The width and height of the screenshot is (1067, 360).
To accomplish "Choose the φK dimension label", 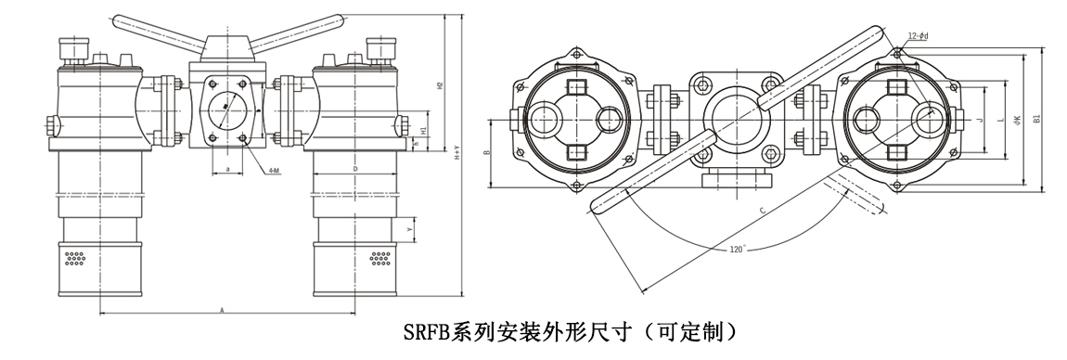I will [x=1017, y=120].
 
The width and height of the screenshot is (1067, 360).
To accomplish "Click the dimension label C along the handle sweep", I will [x=762, y=212].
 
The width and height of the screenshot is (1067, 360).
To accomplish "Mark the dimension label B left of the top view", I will [x=487, y=150].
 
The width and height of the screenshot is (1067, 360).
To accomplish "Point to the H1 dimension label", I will [x=423, y=131].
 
